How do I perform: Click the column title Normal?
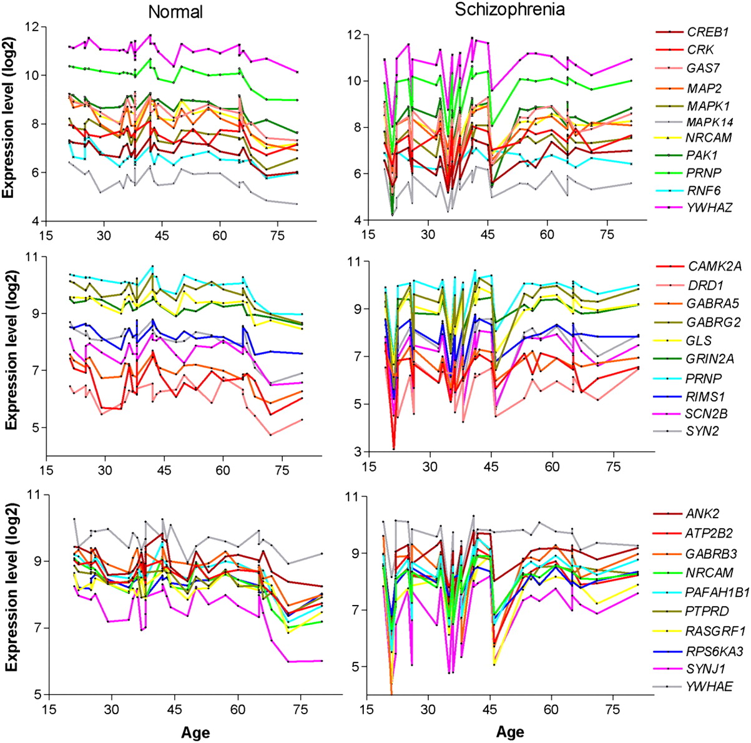(x=175, y=12)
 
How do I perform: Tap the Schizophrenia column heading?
(x=510, y=10)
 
